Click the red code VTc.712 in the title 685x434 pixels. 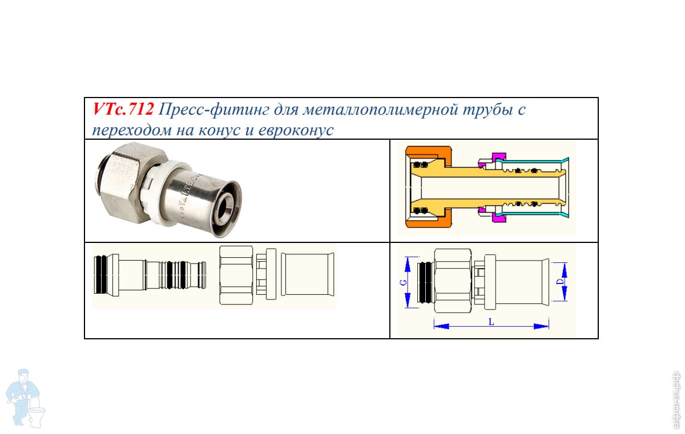click(x=123, y=109)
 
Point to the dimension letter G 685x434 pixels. click(x=402, y=283)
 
